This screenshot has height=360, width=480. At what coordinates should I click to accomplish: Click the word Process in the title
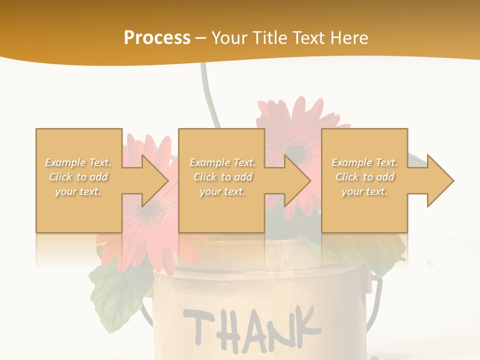(x=157, y=38)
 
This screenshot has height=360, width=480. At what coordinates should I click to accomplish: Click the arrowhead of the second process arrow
(x=298, y=180)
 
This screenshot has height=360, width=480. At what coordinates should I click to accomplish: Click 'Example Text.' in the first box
(x=78, y=162)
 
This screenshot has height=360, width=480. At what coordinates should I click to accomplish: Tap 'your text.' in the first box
(x=78, y=191)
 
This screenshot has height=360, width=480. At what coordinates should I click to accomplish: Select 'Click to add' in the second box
(x=222, y=177)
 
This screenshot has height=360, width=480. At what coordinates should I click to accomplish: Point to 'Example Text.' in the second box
(x=222, y=162)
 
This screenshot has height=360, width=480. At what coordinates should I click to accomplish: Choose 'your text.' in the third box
(x=364, y=191)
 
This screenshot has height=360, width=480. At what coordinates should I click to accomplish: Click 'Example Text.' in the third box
(x=364, y=162)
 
